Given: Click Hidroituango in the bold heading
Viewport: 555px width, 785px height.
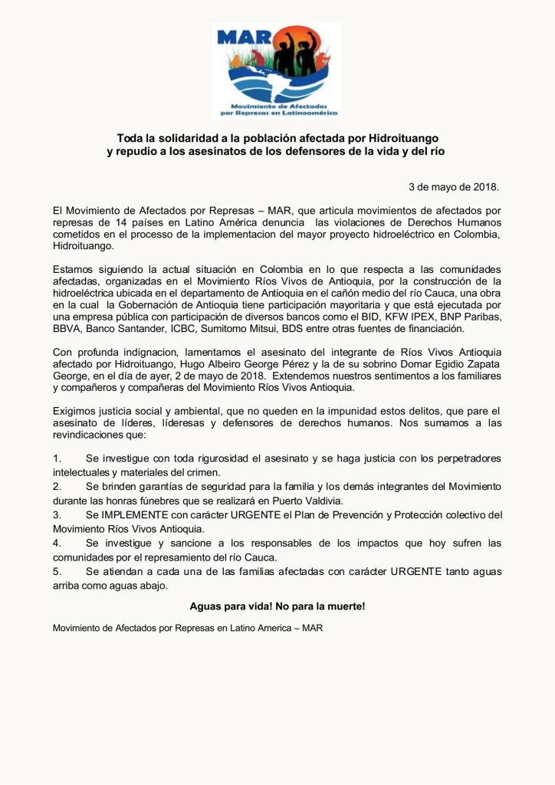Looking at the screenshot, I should tap(403, 138).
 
